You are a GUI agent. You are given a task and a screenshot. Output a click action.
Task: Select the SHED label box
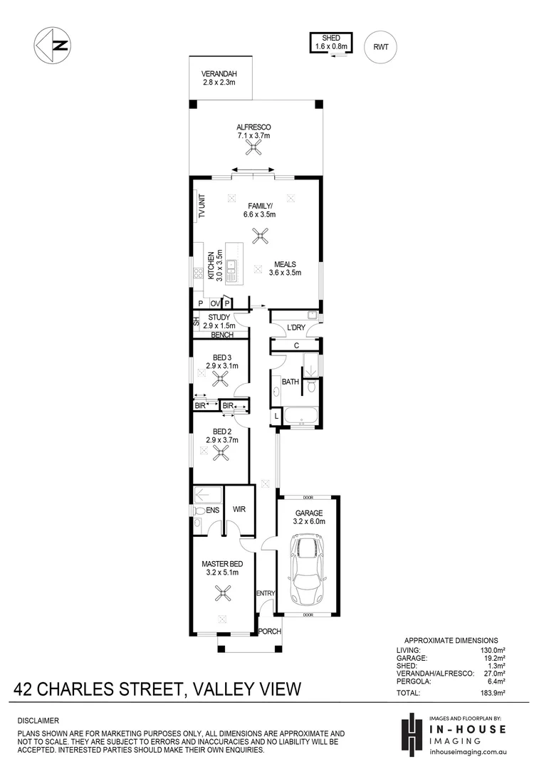click(330, 43)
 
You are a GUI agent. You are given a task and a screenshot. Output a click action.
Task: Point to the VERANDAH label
click(219, 78)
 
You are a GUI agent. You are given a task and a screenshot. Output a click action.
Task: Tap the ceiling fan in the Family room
click(261, 236)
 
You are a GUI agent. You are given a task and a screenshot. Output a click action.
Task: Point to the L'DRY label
click(295, 328)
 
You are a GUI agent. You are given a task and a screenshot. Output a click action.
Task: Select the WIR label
click(239, 510)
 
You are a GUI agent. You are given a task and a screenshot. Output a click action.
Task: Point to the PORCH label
click(269, 632)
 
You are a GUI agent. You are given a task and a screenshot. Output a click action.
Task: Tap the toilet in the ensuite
click(199, 511)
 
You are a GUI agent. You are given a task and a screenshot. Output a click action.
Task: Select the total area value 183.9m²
click(491, 693)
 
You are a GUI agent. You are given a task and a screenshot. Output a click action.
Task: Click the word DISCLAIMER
click(39, 721)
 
